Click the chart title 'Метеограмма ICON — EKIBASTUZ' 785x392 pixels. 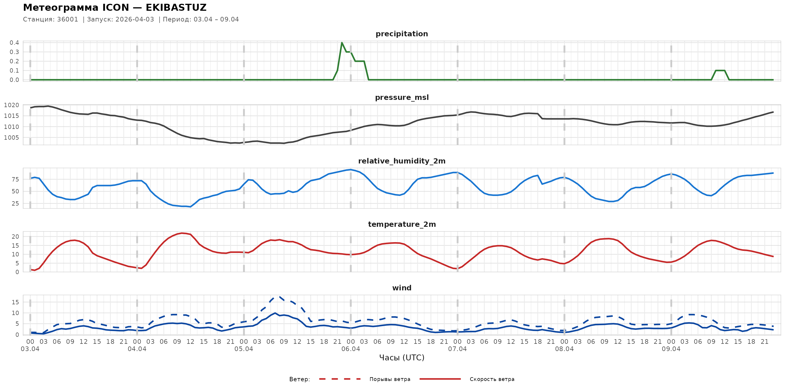pyautogui.click(x=115, y=8)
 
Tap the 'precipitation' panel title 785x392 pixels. pyautogui.click(x=401, y=34)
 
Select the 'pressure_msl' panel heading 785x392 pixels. pyautogui.click(x=401, y=97)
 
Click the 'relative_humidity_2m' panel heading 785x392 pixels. pyautogui.click(x=401, y=161)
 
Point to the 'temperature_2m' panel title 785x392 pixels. pyautogui.click(x=401, y=224)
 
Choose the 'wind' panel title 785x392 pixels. pyautogui.click(x=401, y=288)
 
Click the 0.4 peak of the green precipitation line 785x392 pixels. pyautogui.click(x=342, y=43)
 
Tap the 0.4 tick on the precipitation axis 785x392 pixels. pyautogui.click(x=14, y=43)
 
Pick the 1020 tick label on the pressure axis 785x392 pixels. pyautogui.click(x=12, y=105)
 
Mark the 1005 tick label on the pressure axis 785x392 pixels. pyautogui.click(x=12, y=138)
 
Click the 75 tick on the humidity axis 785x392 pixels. pyautogui.click(x=15, y=179)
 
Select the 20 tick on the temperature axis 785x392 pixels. pyautogui.click(x=15, y=236)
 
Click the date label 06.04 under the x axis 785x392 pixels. pyautogui.click(x=350, y=349)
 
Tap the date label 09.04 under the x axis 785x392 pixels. pyautogui.click(x=671, y=349)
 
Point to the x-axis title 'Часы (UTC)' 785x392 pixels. pyautogui.click(x=401, y=358)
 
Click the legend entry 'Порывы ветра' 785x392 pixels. pyautogui.click(x=390, y=379)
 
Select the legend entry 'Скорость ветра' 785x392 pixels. pyautogui.click(x=492, y=379)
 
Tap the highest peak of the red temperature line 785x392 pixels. pyautogui.click(x=182, y=233)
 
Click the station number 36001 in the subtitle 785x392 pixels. pyautogui.click(x=67, y=19)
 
